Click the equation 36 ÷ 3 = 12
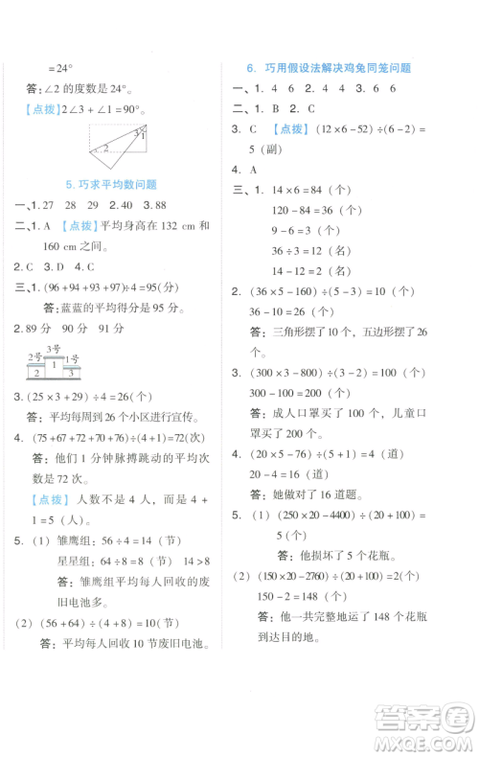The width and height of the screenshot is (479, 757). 301,250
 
